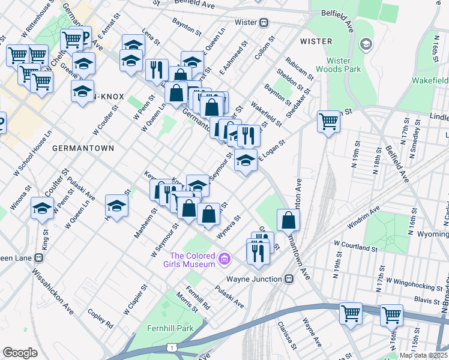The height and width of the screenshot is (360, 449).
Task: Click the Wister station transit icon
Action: pyautogui.click(x=264, y=22)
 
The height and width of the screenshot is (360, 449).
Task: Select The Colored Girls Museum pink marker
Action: pyautogui.click(x=224, y=259)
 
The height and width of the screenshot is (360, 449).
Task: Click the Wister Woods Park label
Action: pyautogui.click(x=343, y=65)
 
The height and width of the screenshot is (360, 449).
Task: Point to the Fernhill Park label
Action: pyautogui.click(x=170, y=329)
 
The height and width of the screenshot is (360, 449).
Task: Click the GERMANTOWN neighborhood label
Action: pyautogui.click(x=83, y=148)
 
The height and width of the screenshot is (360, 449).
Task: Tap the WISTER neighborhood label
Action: pyautogui.click(x=316, y=41)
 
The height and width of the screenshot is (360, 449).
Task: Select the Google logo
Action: pyautogui.click(x=20, y=352)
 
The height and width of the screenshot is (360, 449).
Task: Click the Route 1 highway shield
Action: pyautogui.click(x=172, y=348)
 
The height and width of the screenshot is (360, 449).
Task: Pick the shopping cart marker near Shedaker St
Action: pyautogui.click(x=329, y=122)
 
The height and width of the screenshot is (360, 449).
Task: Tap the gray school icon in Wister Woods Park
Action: pyautogui.click(x=366, y=44)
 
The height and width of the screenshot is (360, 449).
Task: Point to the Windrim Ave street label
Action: pyautogui.click(x=363, y=218)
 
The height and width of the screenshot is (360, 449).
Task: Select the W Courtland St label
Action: pyautogui.click(x=355, y=247)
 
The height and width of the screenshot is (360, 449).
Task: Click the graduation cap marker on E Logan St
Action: pyautogui.click(x=246, y=160)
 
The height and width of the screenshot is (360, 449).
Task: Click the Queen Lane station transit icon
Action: pyautogui.click(x=39, y=258)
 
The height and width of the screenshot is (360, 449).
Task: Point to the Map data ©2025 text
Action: pyautogui.click(x=424, y=355)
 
